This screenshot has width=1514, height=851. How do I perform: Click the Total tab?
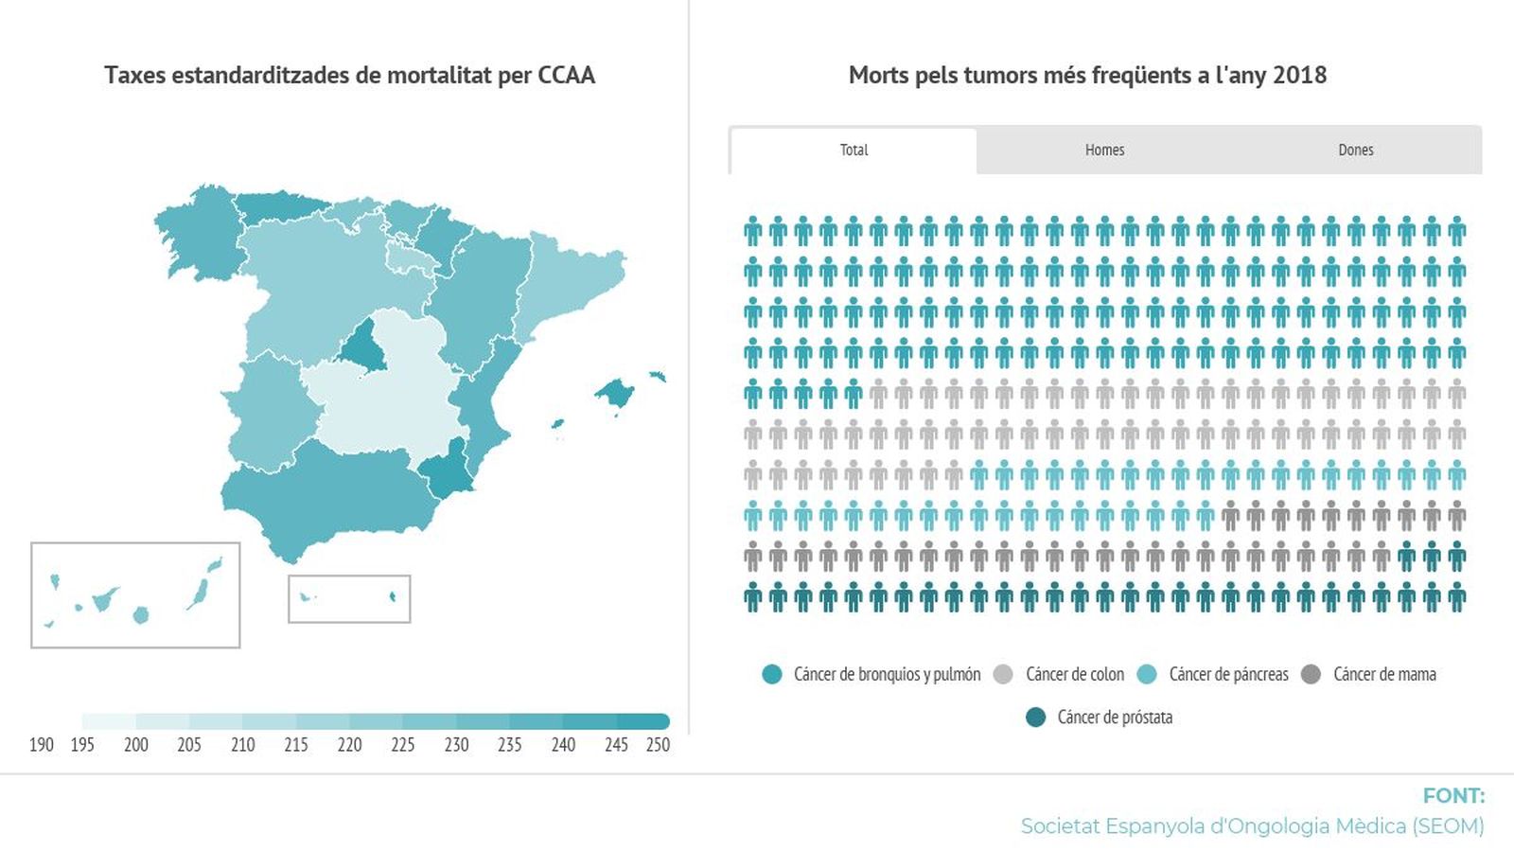(x=854, y=150)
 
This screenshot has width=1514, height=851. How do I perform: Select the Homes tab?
(x=1104, y=150)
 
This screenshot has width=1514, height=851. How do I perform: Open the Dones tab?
(x=1355, y=150)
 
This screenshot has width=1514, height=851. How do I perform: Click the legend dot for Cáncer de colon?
(x=1003, y=675)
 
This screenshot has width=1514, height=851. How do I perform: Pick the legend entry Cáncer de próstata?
(x=1114, y=718)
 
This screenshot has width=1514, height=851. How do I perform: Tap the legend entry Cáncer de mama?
(x=1383, y=675)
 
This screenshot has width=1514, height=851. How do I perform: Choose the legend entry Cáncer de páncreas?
(x=1227, y=675)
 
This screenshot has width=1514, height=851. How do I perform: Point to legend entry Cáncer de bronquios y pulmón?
(x=886, y=675)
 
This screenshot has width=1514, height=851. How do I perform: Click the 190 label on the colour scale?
(x=42, y=745)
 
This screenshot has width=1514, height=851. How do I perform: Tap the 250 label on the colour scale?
(x=658, y=745)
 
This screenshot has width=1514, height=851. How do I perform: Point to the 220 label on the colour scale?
(x=349, y=745)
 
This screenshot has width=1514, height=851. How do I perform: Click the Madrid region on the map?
(x=361, y=347)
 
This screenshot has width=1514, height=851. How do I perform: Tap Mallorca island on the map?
(x=616, y=393)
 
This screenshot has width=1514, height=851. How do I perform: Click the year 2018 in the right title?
(x=1299, y=76)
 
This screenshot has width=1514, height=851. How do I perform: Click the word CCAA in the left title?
(x=566, y=76)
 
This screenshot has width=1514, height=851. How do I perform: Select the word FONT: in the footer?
(x=1453, y=796)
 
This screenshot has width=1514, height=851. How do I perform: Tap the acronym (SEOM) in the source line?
(x=1448, y=826)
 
